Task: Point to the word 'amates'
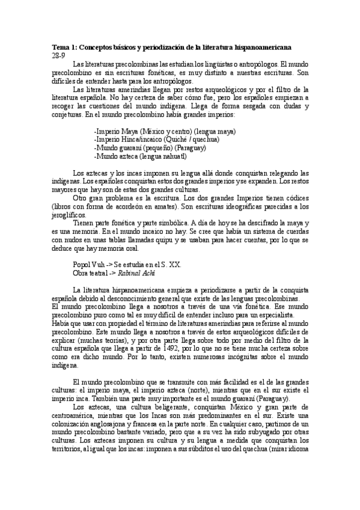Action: [174, 206]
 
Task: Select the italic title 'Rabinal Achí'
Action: [136, 273]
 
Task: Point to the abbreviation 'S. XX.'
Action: [171, 265]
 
